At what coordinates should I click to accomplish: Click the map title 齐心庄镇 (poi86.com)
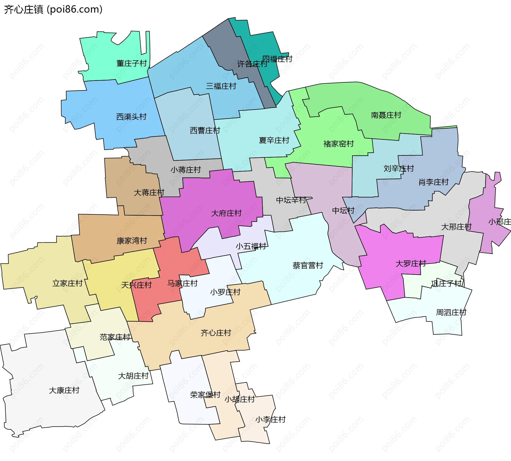click(x=53, y=10)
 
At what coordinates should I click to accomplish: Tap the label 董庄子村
click(x=132, y=63)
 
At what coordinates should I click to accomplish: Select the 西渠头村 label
click(x=131, y=117)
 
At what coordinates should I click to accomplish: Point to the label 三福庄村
click(x=221, y=86)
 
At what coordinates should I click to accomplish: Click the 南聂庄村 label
click(x=386, y=115)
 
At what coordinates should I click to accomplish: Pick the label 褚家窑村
click(x=339, y=144)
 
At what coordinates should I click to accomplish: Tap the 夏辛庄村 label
click(x=274, y=140)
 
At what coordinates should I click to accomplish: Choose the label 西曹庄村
click(x=205, y=130)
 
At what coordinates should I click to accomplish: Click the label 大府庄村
click(x=226, y=213)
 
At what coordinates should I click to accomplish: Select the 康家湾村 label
click(x=132, y=241)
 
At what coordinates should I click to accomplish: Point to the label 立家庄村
click(x=67, y=283)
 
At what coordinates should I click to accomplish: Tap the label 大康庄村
click(x=64, y=390)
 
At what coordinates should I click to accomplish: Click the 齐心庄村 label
click(x=216, y=333)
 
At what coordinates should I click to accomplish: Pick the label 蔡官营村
click(x=308, y=266)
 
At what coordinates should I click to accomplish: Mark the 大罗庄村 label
click(x=411, y=264)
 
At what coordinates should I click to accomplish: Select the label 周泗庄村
click(x=451, y=312)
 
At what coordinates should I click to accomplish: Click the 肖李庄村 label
click(x=434, y=182)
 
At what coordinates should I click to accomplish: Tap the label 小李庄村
click(x=270, y=420)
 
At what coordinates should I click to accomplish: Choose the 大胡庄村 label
click(x=133, y=376)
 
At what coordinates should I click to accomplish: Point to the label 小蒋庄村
click(x=186, y=170)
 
